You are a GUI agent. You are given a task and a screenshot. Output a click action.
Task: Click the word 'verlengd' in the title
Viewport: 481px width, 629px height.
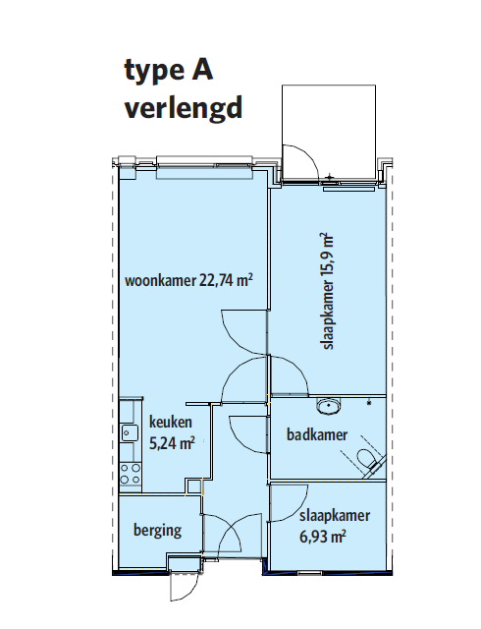pos(184,108)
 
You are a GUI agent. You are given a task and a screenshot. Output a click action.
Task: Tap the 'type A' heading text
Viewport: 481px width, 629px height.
pos(169,71)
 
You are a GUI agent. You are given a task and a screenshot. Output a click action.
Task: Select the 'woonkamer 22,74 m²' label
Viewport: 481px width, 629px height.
pos(188,280)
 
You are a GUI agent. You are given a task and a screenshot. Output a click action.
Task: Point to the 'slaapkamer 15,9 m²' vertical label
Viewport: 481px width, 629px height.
pos(328,291)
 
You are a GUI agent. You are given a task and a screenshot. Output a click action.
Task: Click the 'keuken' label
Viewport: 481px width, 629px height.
pos(171,422)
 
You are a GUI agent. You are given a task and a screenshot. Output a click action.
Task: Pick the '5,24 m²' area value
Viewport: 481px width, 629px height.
pos(172,443)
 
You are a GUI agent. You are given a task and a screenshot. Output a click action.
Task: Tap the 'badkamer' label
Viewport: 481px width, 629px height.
pos(317,434)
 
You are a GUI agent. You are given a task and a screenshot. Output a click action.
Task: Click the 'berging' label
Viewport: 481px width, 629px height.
pos(157,531)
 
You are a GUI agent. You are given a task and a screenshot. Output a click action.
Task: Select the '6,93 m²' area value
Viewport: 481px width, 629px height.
pos(323,537)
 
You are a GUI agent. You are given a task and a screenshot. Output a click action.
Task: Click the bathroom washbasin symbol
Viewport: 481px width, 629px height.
pos(329,406)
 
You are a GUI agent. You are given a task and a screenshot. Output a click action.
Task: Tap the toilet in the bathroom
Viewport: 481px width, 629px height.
pos(369,460)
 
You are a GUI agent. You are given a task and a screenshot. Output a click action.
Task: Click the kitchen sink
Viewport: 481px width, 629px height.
pos(129,432)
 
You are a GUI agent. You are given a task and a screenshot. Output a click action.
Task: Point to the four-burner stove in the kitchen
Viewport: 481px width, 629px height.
pos(131,474)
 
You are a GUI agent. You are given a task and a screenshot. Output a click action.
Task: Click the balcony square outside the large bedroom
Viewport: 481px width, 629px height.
pos(329,133)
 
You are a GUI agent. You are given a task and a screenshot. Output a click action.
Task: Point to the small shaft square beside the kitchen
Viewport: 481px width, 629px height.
pos(194,486)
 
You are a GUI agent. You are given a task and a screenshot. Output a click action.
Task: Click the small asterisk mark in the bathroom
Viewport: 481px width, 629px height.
pos(369,402)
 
